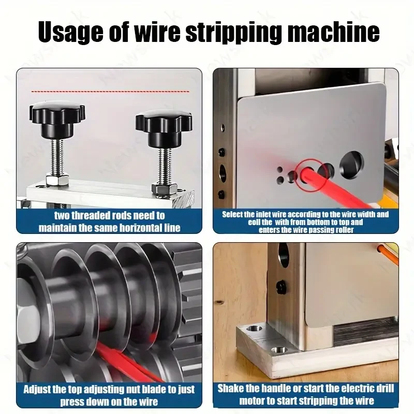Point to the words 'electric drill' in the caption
tap(363, 389)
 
